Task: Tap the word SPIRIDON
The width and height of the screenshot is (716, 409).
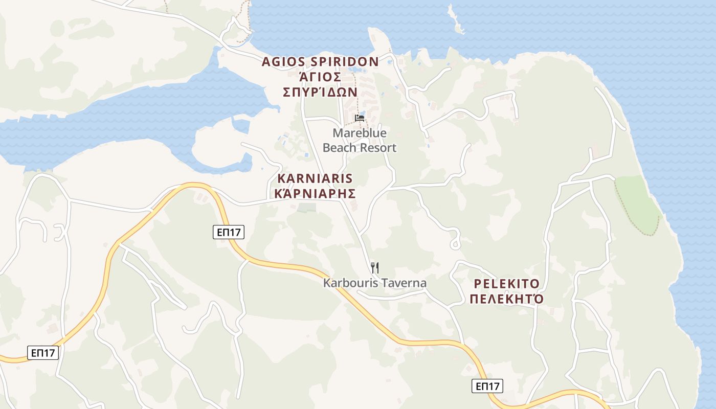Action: coord(346,62)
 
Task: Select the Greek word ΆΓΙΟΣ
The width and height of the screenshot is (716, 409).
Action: coord(320,77)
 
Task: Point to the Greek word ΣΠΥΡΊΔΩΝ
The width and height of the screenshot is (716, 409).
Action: coord(320,92)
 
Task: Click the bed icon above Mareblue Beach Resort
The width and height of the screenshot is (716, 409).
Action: coord(360,118)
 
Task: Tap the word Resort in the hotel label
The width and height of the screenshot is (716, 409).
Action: coord(377,148)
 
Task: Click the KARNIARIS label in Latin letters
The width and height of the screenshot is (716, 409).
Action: coord(315,178)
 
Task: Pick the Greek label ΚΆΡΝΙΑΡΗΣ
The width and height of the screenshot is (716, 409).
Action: coord(315,193)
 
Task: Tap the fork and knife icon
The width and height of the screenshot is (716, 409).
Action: coord(375,267)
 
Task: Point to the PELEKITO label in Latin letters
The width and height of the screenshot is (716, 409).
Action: coord(506,284)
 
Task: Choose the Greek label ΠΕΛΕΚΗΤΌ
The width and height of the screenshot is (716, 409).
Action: coord(506,299)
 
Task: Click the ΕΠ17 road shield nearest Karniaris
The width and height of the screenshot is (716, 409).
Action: coord(229,232)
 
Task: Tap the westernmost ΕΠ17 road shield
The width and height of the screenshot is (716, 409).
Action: coord(43,352)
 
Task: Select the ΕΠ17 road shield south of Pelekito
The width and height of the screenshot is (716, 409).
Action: coord(487,386)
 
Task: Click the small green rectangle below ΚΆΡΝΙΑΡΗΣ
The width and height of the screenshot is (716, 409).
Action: coord(306,208)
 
